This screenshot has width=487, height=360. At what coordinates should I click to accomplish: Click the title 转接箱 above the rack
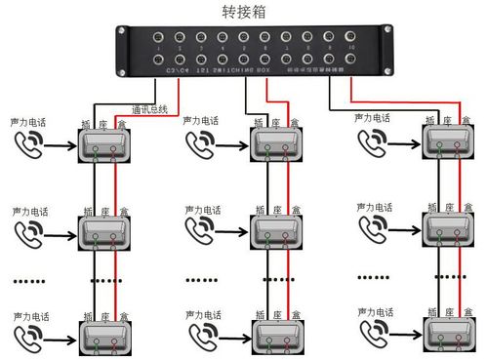tap(245, 11)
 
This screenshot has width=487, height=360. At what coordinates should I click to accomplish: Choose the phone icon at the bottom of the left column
tap(29, 336)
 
